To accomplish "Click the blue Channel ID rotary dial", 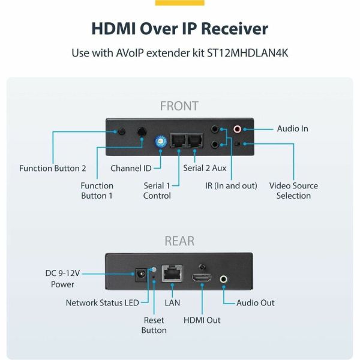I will pos(160,142).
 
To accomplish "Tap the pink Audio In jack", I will pos(238,129).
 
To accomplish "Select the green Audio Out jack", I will pos(224,278).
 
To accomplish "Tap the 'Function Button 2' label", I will pos(53,168).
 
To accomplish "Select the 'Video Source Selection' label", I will pos(293,190).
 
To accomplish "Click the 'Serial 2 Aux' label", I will pos(205,168).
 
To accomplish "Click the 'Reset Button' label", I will pos(154,325).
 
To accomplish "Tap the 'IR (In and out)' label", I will pos(231,185).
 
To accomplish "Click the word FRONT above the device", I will pos(179,106).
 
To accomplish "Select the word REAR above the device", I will pos(179,241).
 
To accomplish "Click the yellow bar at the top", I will pos(179,2).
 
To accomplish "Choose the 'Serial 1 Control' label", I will pos(157,190).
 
